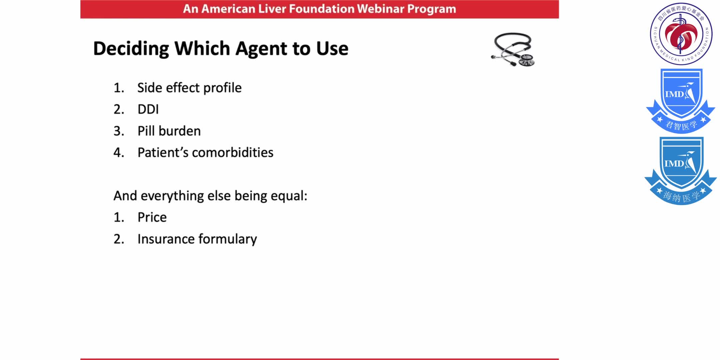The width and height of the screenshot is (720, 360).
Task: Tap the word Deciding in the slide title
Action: tap(131, 49)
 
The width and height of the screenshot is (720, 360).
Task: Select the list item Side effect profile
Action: tap(189, 88)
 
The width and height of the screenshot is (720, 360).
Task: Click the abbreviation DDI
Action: tap(148, 109)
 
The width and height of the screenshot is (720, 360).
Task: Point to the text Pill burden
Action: tap(169, 131)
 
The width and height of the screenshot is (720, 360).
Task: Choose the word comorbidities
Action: tap(233, 152)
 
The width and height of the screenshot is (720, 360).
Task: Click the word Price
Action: tap(152, 217)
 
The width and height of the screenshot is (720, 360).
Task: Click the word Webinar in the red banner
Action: tap(380, 9)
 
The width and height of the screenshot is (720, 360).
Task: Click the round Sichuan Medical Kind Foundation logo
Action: tap(681, 34)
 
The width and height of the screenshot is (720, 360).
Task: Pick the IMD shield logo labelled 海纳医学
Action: tap(681, 170)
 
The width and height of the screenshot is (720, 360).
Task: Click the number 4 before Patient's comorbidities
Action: tap(118, 153)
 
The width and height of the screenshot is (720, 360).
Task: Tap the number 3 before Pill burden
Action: tap(118, 131)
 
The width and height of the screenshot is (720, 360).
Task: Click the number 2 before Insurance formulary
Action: tap(118, 239)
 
